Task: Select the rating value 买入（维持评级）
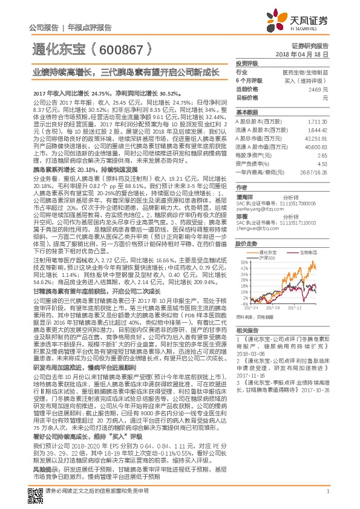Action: pyautogui.click(x=306, y=80)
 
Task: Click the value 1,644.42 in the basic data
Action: pyautogui.click(x=317, y=129)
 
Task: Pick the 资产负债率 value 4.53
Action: pyautogui.click(x=322, y=163)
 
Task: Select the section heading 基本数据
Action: pyautogui.click(x=247, y=113)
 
